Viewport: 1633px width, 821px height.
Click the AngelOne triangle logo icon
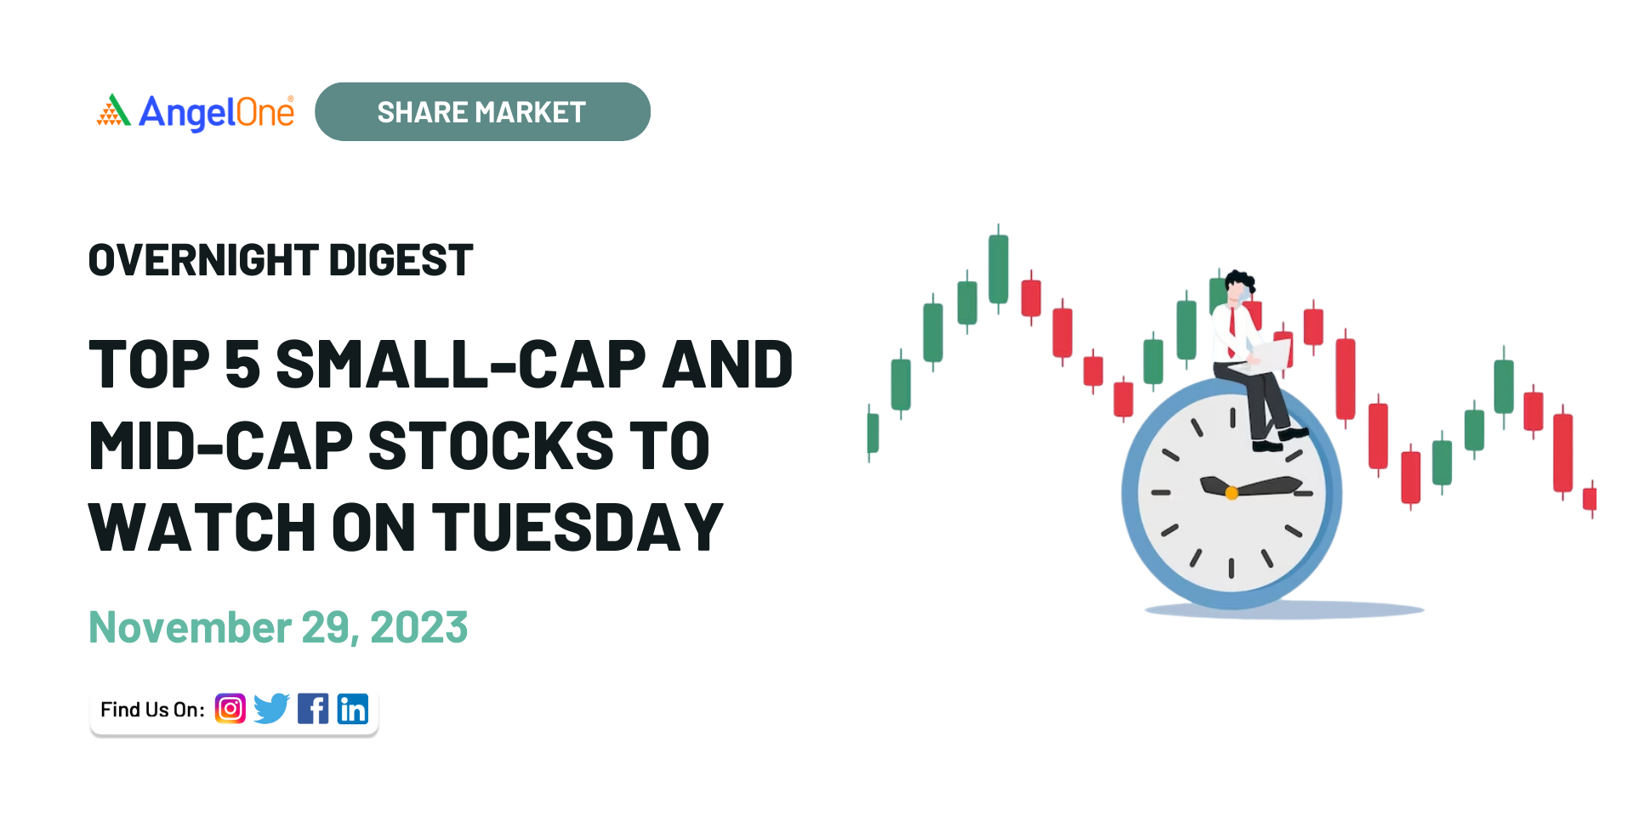pos(113,110)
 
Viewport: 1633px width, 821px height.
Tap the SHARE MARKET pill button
pos(482,111)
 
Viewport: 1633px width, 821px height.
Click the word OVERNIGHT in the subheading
pos(203,260)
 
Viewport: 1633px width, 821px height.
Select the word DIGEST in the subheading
pos(401,260)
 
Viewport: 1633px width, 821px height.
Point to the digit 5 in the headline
pos(242,365)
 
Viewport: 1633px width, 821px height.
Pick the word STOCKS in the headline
pos(491,445)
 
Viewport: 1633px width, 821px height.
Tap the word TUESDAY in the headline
pos(578,527)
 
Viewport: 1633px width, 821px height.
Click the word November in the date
pos(191,628)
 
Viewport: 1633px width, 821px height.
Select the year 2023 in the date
pos(419,628)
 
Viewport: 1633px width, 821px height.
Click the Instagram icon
pos(230,709)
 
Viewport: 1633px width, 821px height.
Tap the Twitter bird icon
pos(271,709)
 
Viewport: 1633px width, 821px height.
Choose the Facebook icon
pos(313,709)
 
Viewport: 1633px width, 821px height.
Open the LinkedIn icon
pos(353,709)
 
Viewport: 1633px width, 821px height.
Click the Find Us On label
pos(153,710)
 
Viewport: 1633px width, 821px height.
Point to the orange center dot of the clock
pos(1232,493)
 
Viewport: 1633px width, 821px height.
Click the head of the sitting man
pos(1239,286)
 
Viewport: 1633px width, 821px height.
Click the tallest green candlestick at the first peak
pos(999,269)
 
